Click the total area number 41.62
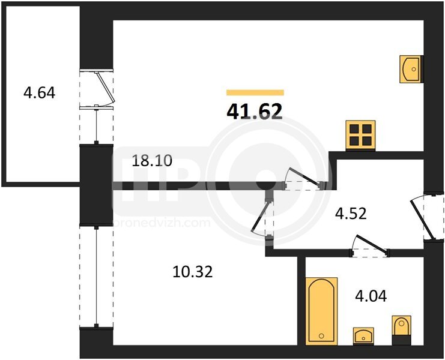point(255,112)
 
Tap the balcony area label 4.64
point(39,92)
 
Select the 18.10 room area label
point(152,161)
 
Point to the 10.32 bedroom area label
point(192,272)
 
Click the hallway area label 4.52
point(351,214)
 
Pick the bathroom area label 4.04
point(371,296)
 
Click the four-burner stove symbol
point(360,135)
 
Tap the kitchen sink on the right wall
point(411,69)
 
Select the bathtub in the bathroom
point(321,311)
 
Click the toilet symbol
point(401,330)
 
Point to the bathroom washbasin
point(363,336)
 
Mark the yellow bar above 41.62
point(255,92)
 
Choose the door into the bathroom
point(369,246)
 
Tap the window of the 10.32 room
point(97,277)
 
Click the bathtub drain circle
point(321,336)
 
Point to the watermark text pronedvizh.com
point(162,223)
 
